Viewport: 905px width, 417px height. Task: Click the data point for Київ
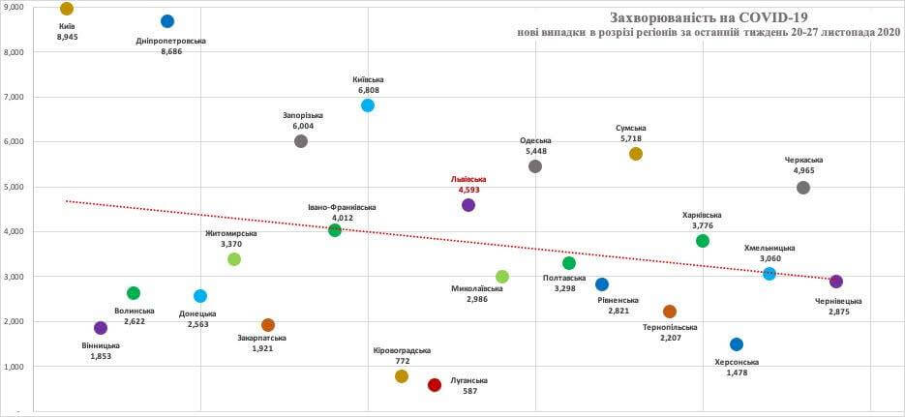click(67, 9)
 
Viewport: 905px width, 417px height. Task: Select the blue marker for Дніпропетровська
click(167, 21)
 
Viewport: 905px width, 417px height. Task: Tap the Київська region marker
click(368, 105)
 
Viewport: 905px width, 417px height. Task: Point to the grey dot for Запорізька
click(301, 141)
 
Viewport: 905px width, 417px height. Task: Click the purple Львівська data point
click(468, 205)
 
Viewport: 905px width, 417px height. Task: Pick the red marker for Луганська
click(435, 385)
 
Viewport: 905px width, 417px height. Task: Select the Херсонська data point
click(737, 344)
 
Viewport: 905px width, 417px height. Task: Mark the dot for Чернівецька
click(836, 282)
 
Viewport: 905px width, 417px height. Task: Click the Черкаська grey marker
click(803, 188)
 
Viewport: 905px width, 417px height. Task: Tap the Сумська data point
click(636, 154)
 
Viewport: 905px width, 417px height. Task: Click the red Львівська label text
click(468, 179)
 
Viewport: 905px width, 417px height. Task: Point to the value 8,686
click(171, 51)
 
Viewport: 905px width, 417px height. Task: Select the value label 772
click(402, 360)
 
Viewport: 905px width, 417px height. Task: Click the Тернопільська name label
click(670, 327)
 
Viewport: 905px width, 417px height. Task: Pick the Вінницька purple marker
click(101, 328)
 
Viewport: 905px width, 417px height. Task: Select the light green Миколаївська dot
click(502, 277)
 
